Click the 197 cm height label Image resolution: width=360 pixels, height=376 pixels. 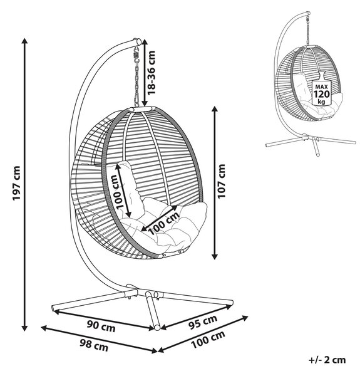point(17,183)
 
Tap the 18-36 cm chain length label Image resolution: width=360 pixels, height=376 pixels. point(152,73)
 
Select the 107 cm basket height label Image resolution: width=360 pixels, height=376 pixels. point(221,181)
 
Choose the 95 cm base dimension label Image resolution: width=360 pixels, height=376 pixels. point(203,322)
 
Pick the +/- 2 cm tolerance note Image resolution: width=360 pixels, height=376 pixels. point(327,360)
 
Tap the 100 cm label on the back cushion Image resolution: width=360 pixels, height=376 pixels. point(117,192)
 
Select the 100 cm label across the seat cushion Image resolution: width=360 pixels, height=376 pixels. point(164,223)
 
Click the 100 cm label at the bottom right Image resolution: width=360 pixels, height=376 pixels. point(208,340)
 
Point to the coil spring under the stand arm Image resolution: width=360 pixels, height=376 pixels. point(136,56)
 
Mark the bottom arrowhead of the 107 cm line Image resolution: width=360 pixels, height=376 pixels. point(215,256)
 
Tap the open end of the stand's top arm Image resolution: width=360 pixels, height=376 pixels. point(138,41)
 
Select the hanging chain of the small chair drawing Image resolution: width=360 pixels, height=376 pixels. point(308,30)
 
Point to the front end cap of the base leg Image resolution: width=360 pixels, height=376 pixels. point(157,328)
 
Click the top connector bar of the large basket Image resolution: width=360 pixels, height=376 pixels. point(142,109)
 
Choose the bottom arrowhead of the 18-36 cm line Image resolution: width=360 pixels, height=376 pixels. point(145,103)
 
